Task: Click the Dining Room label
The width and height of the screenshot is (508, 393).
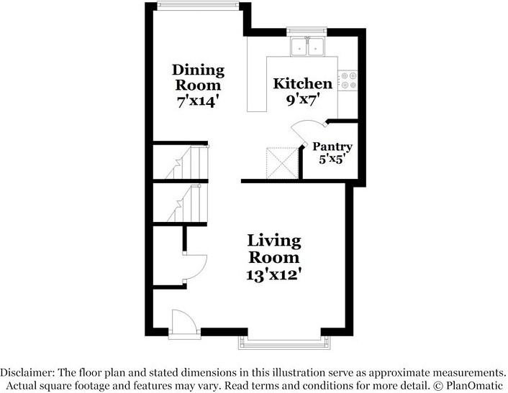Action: point(198,78)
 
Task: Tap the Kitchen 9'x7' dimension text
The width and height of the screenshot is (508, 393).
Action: point(303,100)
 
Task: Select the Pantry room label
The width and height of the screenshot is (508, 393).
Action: point(332,147)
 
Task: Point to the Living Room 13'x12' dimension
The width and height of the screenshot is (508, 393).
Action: point(274,275)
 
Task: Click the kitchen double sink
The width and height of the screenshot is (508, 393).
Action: point(307,47)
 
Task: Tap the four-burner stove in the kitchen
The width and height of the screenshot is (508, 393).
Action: point(348,80)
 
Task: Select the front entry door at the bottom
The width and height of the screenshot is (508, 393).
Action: point(183,324)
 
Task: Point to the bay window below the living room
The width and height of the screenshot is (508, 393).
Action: point(284,343)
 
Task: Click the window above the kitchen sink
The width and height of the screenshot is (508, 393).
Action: point(307,31)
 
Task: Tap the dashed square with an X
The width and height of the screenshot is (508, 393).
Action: point(282,162)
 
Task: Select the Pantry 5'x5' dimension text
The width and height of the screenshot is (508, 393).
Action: point(330,159)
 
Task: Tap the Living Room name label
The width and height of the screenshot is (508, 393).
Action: point(274,249)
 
